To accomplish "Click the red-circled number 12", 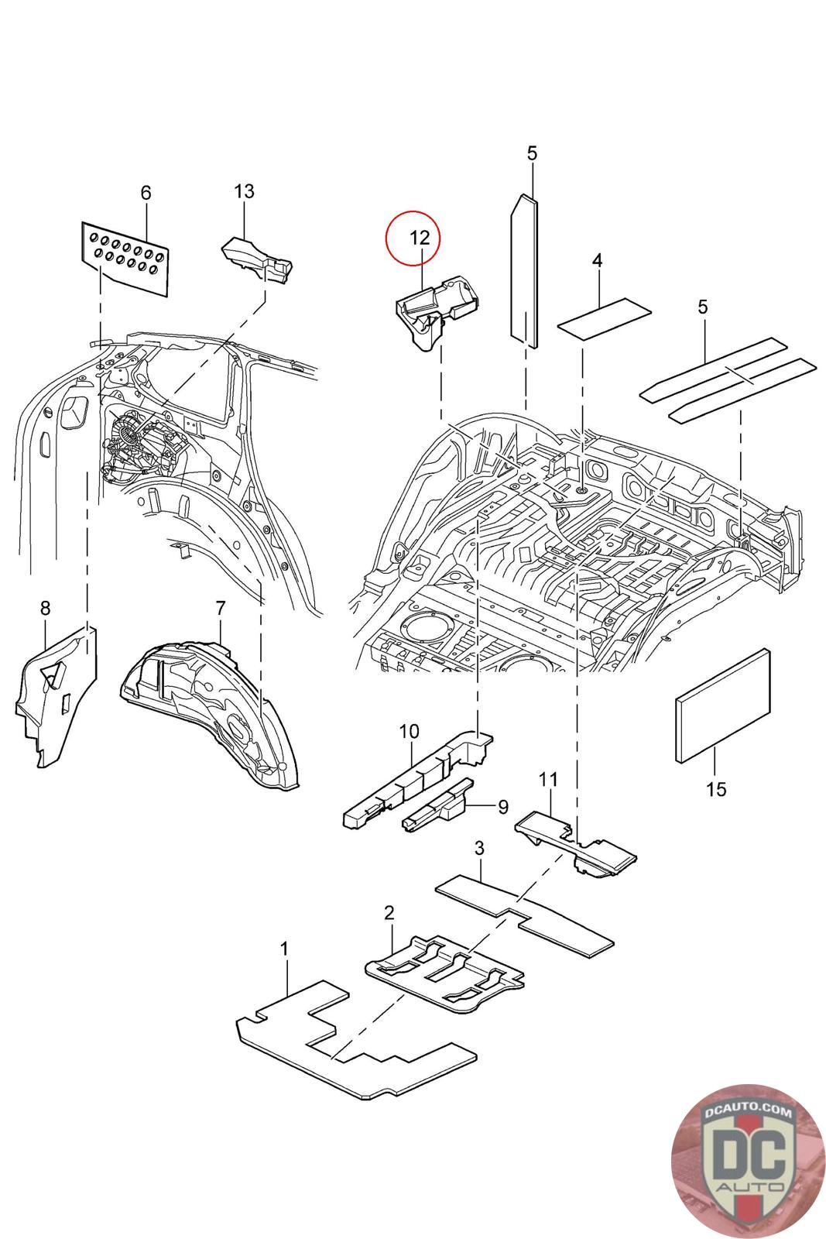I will coord(420,238).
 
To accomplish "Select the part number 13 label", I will coord(244,190).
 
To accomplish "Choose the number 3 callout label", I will coord(480,849).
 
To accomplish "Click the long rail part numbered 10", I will coord(418,778).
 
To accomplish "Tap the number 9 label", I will coord(502,807).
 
